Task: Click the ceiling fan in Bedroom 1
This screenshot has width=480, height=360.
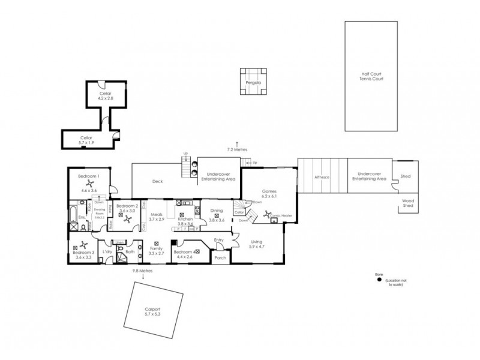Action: (x=89, y=184)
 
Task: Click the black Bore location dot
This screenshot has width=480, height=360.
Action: (x=379, y=279)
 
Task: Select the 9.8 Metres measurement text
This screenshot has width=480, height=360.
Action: (x=143, y=271)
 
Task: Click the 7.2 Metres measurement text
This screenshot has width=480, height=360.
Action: (x=237, y=149)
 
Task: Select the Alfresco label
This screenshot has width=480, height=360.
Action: (x=322, y=177)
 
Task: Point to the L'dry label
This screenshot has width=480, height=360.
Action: (x=107, y=251)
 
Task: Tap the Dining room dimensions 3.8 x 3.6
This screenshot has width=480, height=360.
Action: (x=216, y=221)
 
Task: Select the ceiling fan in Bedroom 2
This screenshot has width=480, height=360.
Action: (x=127, y=220)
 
